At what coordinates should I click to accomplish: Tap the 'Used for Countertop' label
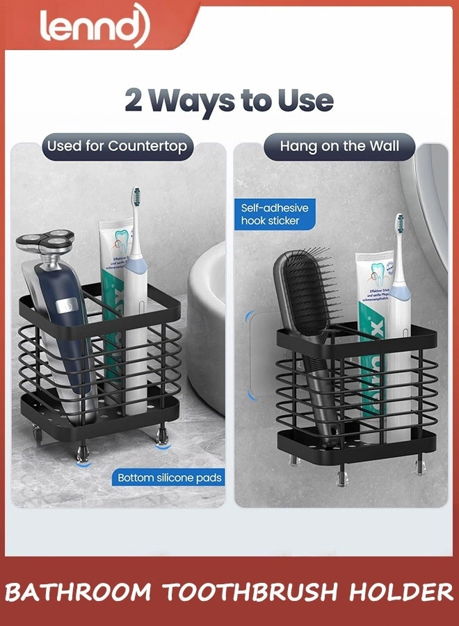[117, 146]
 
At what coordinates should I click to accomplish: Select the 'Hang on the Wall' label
[339, 146]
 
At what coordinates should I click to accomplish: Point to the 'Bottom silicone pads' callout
[169, 477]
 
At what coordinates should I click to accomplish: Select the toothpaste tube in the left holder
[115, 278]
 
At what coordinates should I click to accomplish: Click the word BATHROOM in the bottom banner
[79, 593]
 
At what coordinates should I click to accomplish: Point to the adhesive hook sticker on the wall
[259, 355]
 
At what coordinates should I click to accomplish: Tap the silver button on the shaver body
[66, 305]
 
